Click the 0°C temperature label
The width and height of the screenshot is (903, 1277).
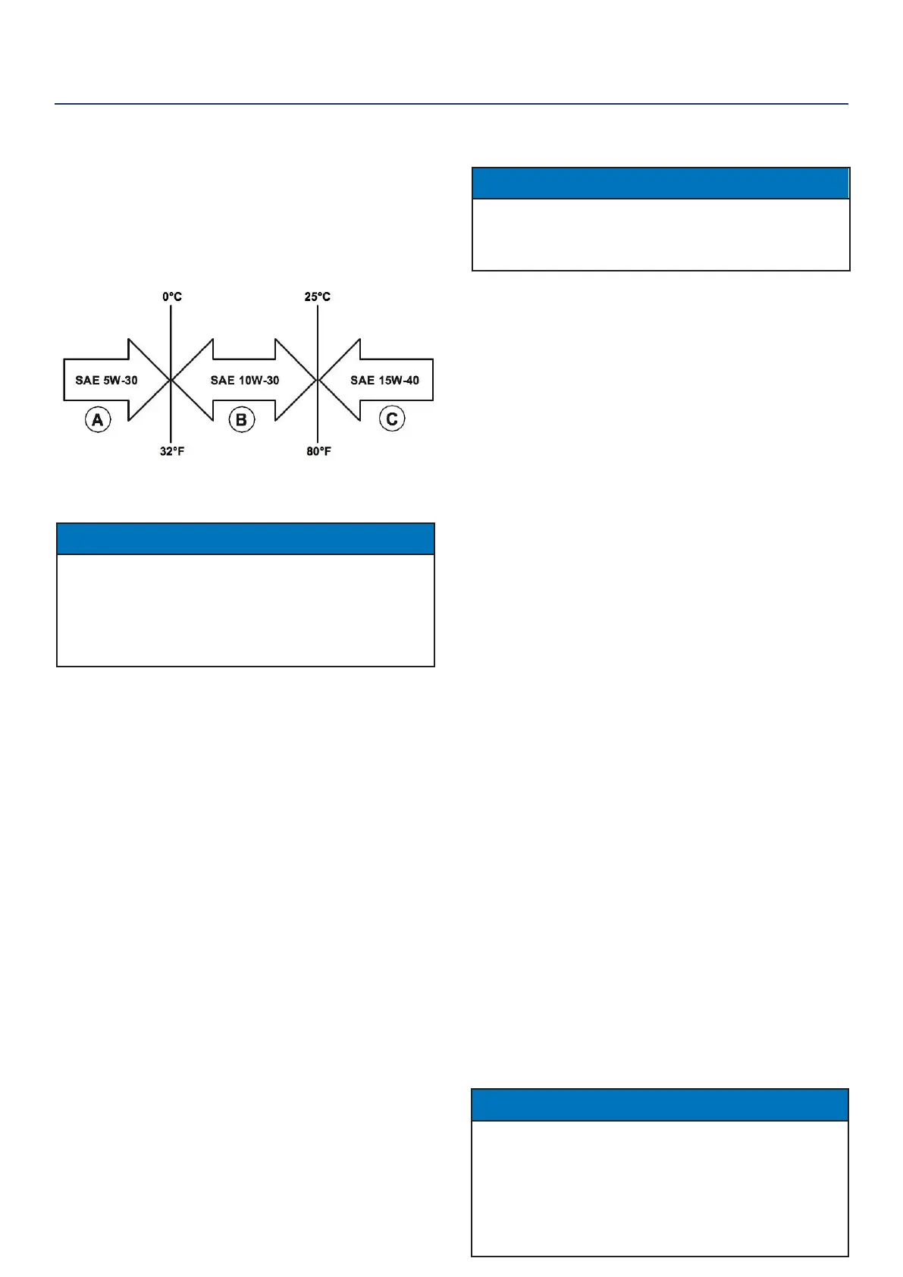click(x=172, y=297)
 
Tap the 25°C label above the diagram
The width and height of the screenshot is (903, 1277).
click(x=317, y=297)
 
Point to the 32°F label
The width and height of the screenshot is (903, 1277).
click(x=172, y=451)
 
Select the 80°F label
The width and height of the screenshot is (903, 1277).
click(x=318, y=451)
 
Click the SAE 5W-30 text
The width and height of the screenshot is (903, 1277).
click(x=106, y=380)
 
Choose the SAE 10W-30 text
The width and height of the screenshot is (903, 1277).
click(x=245, y=380)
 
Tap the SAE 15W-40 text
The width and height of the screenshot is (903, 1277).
click(x=384, y=380)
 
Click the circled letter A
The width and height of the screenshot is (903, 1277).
click(x=98, y=419)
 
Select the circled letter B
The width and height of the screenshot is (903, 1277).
click(x=242, y=419)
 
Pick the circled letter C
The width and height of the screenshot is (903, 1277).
click(x=392, y=419)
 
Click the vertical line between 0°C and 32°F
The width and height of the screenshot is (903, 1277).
click(x=171, y=334)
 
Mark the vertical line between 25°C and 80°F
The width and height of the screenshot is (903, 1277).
click(x=317, y=334)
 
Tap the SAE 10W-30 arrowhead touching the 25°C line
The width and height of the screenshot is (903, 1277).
click(x=296, y=379)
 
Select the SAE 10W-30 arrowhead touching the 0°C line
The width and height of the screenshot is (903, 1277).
click(x=193, y=379)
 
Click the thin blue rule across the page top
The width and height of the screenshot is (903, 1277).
click(x=451, y=104)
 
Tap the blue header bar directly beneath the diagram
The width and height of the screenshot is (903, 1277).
click(x=246, y=538)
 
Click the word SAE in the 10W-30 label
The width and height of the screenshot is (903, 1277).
click(x=221, y=380)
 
